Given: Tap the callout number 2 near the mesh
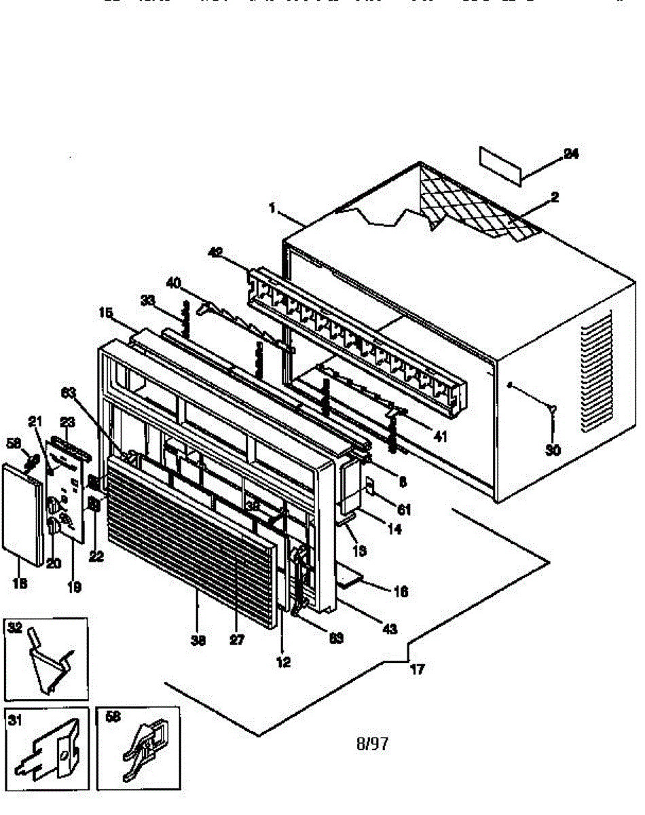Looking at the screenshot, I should tap(555, 197).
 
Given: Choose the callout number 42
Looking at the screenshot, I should tap(215, 253).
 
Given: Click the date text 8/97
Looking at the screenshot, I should tap(372, 744).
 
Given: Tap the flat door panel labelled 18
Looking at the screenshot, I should tap(26, 513).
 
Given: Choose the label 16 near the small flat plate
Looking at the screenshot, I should tap(401, 592).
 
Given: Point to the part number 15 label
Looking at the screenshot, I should tap(105, 313).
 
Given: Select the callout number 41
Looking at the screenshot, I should tap(441, 437).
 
